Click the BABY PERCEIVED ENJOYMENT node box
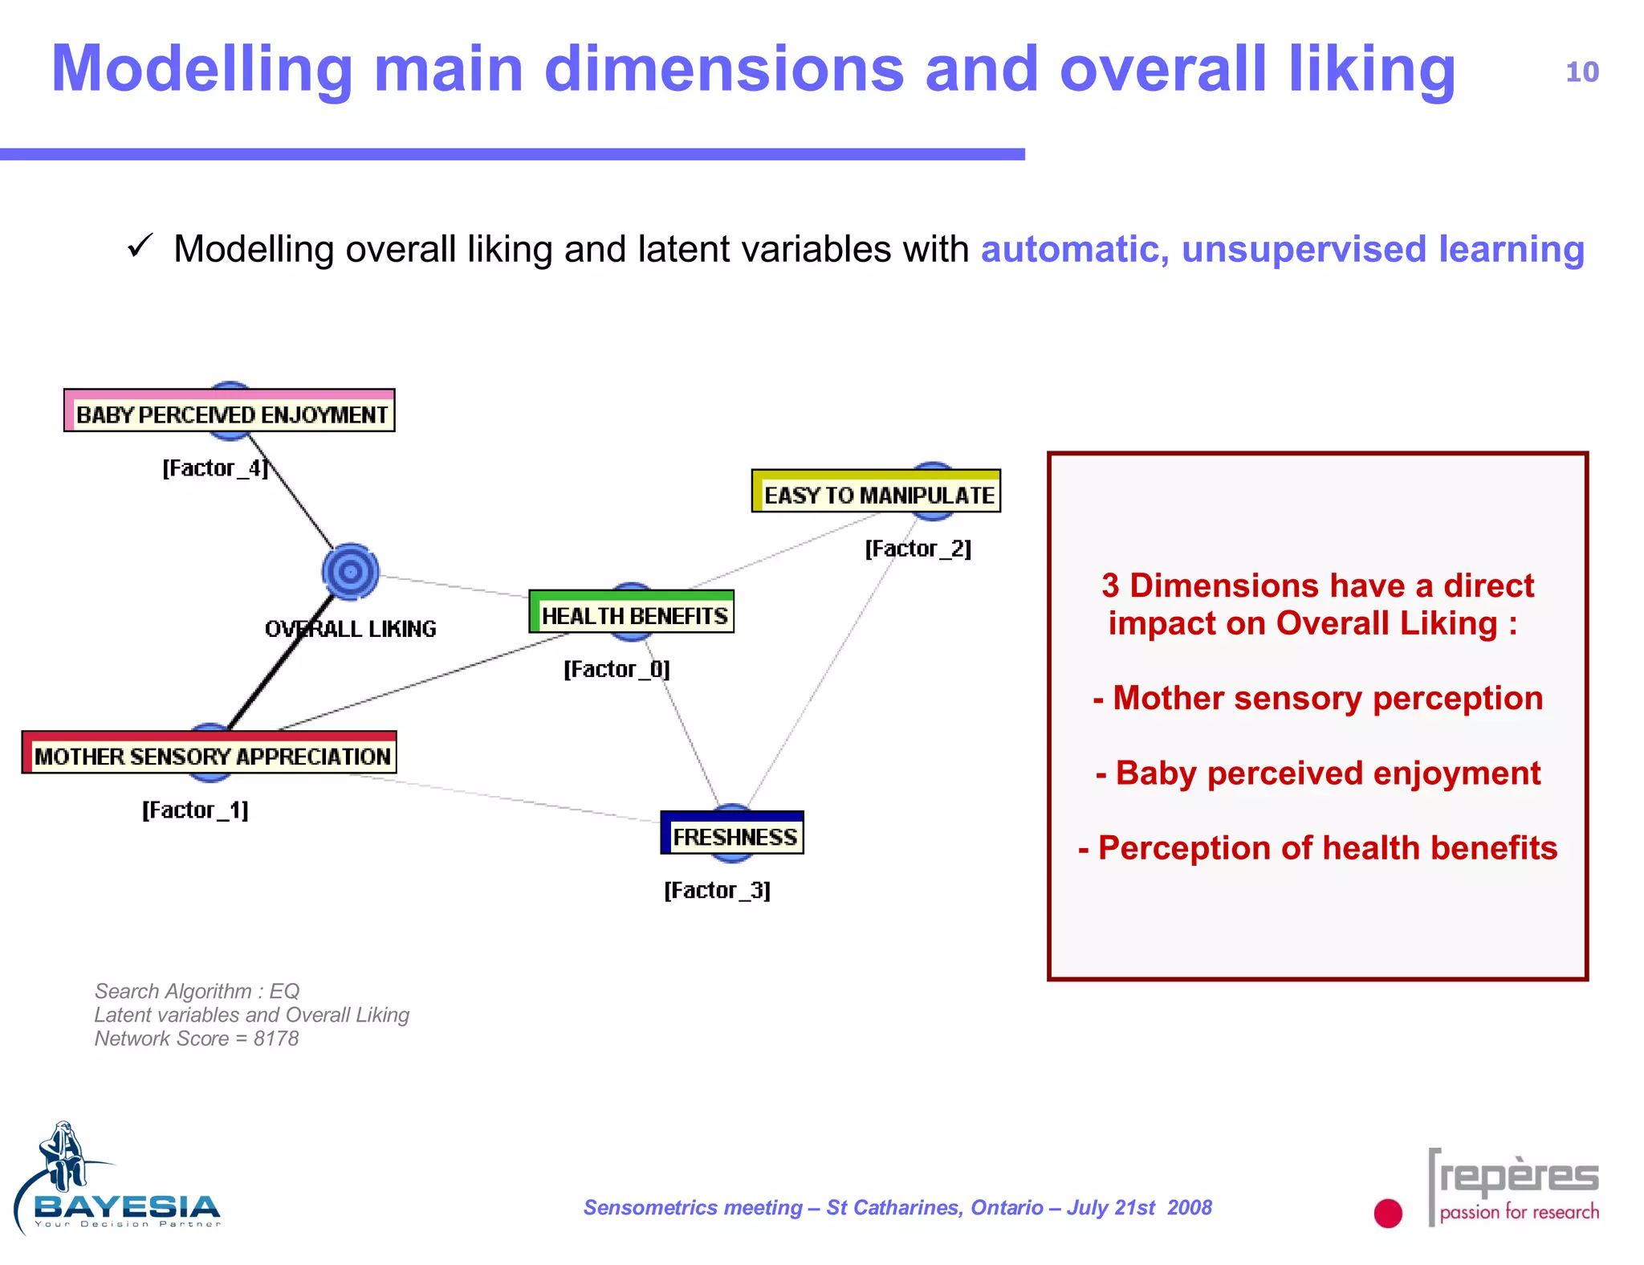click(230, 411)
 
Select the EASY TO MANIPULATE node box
click(876, 492)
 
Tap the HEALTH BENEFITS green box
click(632, 613)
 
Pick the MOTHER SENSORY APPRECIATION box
click(210, 753)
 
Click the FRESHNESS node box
click(732, 834)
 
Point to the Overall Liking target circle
click(350, 572)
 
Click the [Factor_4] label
click(214, 468)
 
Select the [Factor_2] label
click(918, 549)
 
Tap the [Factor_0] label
click(616, 669)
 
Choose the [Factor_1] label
click(195, 810)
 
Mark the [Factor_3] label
click(717, 890)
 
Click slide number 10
click(1581, 72)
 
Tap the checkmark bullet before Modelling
click(140, 246)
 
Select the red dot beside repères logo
click(1387, 1213)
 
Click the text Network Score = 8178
click(197, 1039)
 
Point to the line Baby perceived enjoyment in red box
click(1317, 773)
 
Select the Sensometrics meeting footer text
click(897, 1207)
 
